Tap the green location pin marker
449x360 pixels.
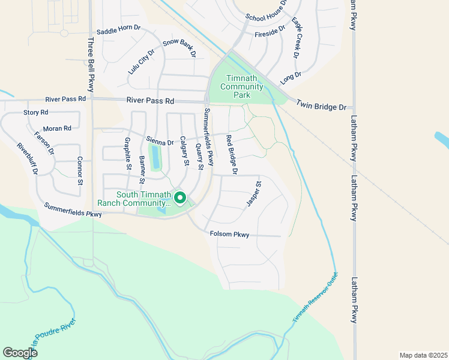pos(179,198)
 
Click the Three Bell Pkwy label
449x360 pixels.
pos(91,58)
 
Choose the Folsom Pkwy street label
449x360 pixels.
pos(230,234)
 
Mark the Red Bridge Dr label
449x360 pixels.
pos(232,155)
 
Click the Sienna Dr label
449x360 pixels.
pos(160,141)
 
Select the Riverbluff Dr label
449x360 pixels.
pos(28,158)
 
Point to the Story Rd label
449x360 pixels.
pos(35,112)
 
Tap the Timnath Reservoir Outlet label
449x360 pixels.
pos(316,299)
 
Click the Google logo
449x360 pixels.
pos(20,353)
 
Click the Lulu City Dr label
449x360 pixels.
pos(142,61)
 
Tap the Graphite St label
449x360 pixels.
pos(128,154)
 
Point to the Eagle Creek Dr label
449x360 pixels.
pos(297,37)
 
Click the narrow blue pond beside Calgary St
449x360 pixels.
pos(156,158)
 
